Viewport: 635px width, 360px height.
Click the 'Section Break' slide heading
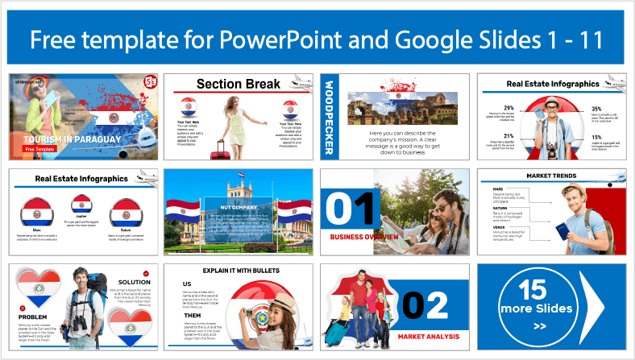[x=239, y=84]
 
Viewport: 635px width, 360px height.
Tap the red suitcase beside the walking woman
[x=217, y=148]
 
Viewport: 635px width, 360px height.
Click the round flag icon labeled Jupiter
[x=81, y=205]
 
